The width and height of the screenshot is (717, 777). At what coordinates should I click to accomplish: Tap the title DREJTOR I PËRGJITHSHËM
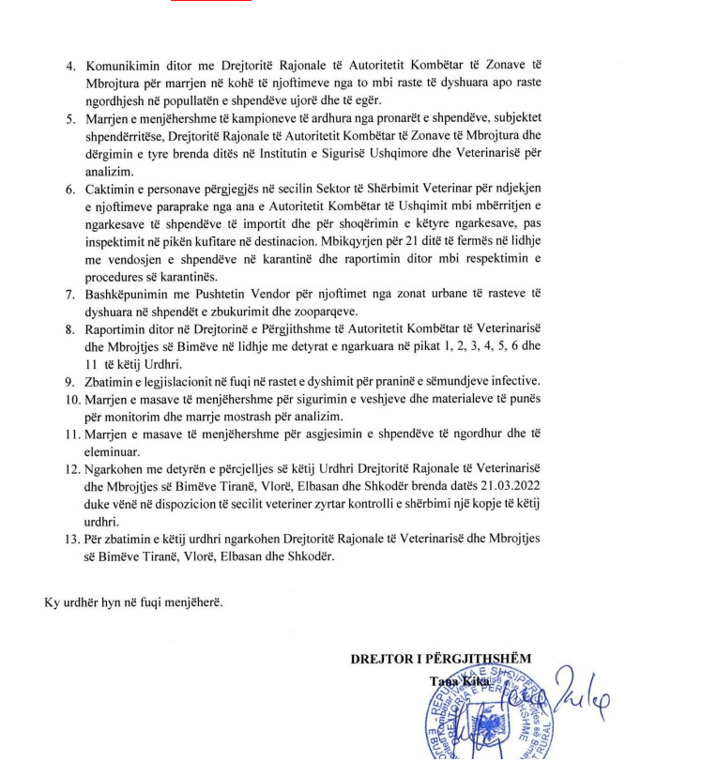pos(440,659)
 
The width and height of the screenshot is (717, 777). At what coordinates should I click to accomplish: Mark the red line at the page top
pos(210,2)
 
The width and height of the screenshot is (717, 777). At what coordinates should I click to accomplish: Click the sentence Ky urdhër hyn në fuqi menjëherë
pos(134,602)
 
